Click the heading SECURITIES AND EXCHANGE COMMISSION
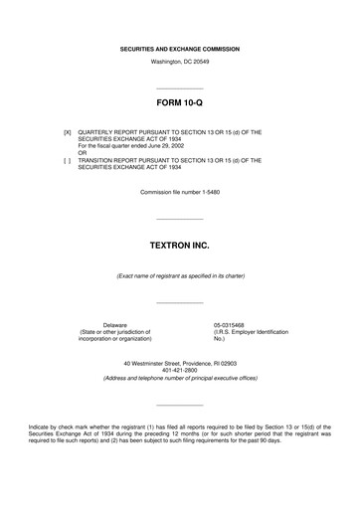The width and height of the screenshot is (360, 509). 179,49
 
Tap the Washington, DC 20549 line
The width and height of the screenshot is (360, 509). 179,62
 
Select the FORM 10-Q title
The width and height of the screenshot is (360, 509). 179,102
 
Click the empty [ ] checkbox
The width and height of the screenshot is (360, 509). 67,159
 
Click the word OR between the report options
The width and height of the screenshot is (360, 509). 83,152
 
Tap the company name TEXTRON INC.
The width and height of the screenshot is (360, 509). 179,244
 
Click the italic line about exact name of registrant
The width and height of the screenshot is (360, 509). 179,275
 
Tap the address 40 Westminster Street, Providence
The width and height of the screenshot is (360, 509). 179,364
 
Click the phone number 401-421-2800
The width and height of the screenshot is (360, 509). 179,371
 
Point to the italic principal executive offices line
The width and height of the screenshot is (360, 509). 179,378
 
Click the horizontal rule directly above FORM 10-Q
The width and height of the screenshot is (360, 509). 179,87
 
